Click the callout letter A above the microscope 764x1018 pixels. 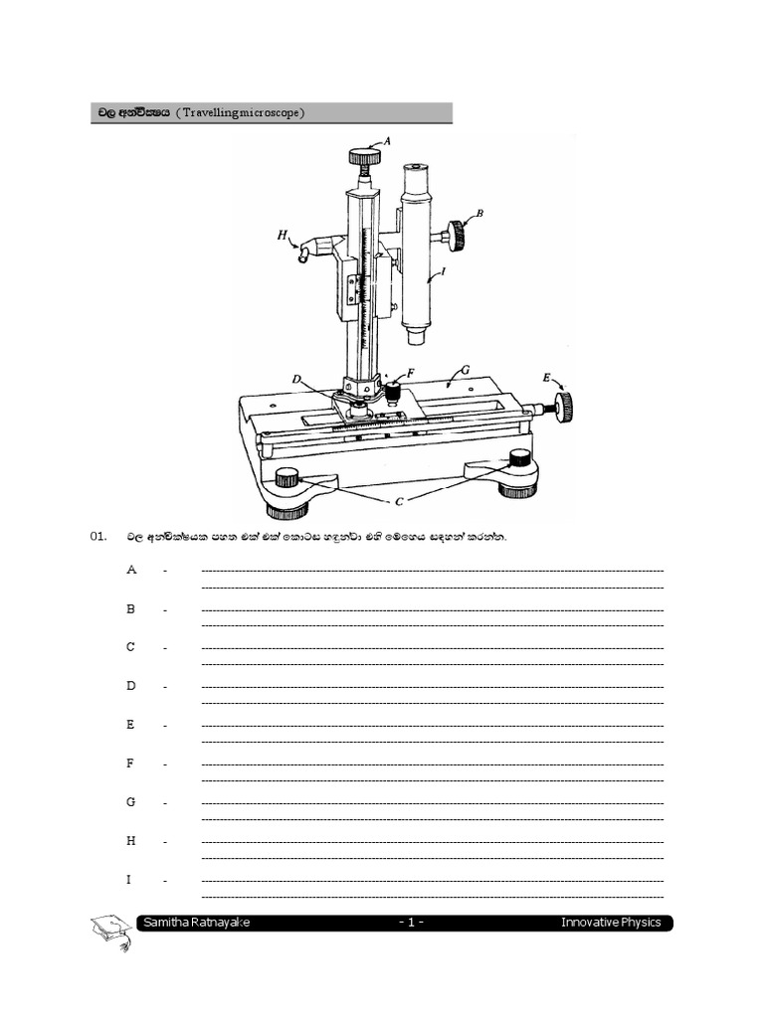pos(387,141)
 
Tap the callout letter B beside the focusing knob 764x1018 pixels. pos(479,213)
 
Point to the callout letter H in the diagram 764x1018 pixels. pos(283,236)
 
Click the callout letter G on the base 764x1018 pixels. pos(465,370)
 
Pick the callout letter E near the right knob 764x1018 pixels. pos(546,377)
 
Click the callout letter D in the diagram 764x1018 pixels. pos(296,379)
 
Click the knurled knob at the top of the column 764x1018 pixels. pos(364,156)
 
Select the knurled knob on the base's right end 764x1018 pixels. pos(563,405)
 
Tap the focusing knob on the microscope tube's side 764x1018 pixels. pos(459,236)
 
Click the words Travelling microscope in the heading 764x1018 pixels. pos(240,113)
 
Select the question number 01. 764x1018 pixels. pos(97,537)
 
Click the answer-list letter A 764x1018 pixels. pos(130,570)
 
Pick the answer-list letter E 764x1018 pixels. pos(130,725)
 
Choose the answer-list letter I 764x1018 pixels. pos(129,880)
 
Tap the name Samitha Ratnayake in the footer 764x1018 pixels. pos(196,923)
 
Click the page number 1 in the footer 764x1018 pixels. pos(411,923)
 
